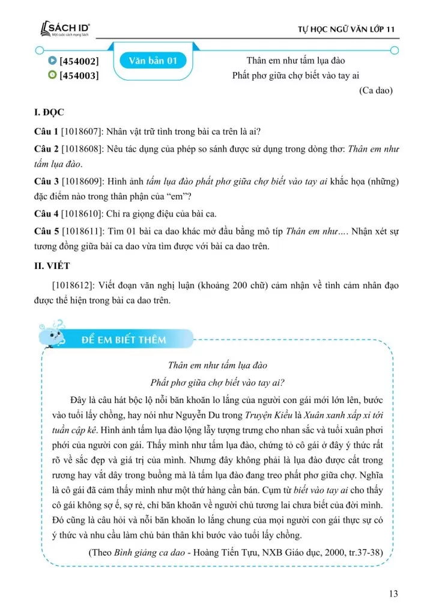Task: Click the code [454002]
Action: (79, 61)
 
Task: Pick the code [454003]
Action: (79, 75)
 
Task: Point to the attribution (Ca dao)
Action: (376, 91)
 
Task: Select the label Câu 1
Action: (46, 132)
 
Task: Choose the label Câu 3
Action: (46, 182)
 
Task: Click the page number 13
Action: (393, 594)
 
